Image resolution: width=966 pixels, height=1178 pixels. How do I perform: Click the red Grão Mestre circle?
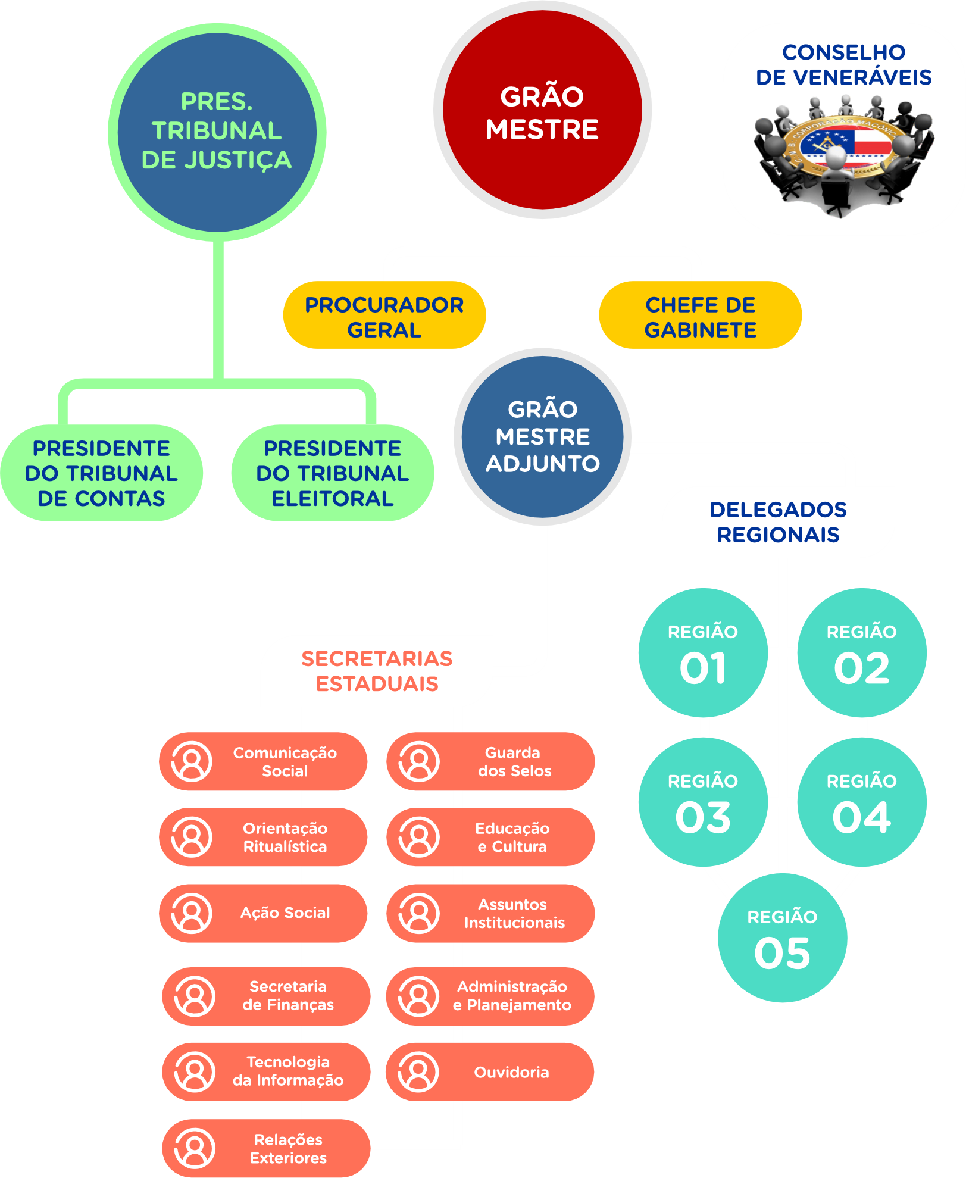pyautogui.click(x=542, y=111)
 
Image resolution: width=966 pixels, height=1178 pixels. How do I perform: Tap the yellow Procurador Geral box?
pyautogui.click(x=384, y=315)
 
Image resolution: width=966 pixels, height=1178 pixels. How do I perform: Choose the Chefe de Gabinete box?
pyautogui.click(x=700, y=315)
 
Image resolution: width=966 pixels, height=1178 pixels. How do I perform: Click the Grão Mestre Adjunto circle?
pyautogui.click(x=542, y=437)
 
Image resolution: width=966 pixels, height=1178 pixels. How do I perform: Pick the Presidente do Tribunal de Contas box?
pyautogui.click(x=101, y=473)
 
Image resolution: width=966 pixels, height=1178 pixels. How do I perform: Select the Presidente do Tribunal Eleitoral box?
pyautogui.click(x=332, y=473)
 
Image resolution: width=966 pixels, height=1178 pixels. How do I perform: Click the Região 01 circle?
pyautogui.click(x=702, y=653)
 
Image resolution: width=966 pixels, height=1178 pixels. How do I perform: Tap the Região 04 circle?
pyautogui.click(x=861, y=802)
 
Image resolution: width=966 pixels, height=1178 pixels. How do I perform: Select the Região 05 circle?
pyautogui.click(x=782, y=938)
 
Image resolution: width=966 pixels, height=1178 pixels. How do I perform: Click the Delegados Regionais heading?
pyautogui.click(x=778, y=522)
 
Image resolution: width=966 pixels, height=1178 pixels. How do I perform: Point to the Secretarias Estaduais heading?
pyautogui.click(x=377, y=671)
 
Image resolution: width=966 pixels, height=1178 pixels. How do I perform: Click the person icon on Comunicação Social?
pyautogui.click(x=192, y=761)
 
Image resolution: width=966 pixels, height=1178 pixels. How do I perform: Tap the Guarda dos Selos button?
pyautogui.click(x=490, y=761)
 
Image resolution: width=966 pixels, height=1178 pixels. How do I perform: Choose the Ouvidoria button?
pyautogui.click(x=490, y=1072)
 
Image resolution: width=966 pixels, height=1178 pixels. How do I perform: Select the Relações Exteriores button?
pyautogui.click(x=266, y=1148)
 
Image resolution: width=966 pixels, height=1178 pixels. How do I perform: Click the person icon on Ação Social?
pyautogui.click(x=192, y=913)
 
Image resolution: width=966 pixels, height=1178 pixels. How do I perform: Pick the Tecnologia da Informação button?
pyautogui.click(x=266, y=1071)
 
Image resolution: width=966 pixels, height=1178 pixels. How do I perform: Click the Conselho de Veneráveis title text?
pyautogui.click(x=843, y=65)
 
